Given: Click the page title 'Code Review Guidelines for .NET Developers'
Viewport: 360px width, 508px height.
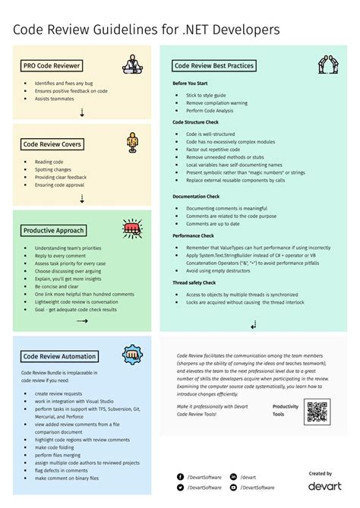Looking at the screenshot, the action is tap(146, 29).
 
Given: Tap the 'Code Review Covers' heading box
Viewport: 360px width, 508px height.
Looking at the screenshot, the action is tap(52, 144).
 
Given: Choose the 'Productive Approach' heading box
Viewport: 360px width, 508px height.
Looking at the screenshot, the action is tap(54, 230).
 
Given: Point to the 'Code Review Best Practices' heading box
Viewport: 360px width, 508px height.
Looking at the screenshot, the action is tap(214, 65).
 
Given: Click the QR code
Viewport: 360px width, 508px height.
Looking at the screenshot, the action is tap(317, 411).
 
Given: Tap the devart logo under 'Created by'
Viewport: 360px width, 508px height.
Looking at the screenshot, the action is tap(324, 485).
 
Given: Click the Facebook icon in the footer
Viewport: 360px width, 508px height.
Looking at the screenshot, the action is tap(181, 477).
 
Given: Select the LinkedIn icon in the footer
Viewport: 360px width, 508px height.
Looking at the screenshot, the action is tap(233, 477).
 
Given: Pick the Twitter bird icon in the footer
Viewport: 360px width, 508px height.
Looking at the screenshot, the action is tap(181, 487).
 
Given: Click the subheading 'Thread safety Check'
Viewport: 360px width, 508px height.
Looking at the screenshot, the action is tap(194, 282).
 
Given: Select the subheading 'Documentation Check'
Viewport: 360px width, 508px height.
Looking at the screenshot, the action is tap(196, 196).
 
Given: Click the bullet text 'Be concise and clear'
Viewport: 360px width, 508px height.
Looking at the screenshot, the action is tap(58, 286).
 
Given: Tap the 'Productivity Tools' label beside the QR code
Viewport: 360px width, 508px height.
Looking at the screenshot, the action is tap(286, 411).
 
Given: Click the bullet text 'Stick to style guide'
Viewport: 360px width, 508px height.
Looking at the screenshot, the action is tap(206, 95).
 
